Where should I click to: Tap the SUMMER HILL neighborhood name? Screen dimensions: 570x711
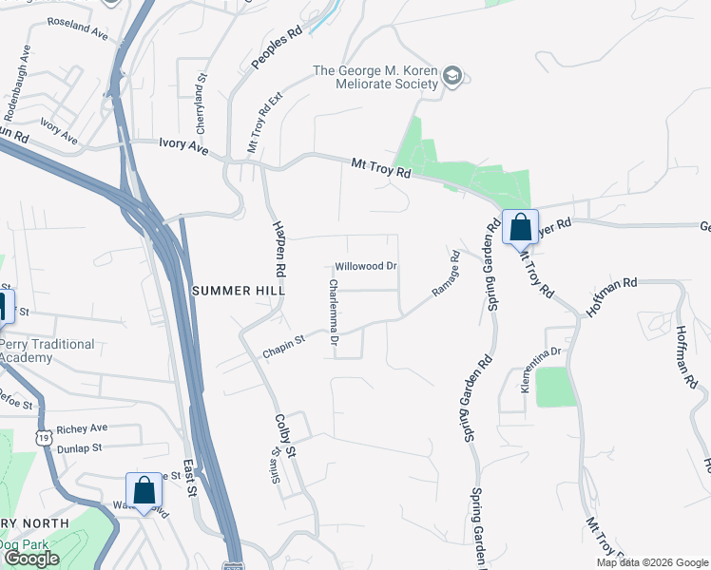[x=233, y=291]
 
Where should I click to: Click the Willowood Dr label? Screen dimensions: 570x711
[x=365, y=267]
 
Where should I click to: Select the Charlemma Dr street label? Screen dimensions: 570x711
[x=334, y=311]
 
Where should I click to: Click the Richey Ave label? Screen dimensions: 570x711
[x=82, y=429]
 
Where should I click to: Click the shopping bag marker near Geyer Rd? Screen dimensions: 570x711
[x=520, y=228]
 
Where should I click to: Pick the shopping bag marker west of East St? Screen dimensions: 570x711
[x=144, y=491]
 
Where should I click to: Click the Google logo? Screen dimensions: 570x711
[x=31, y=559]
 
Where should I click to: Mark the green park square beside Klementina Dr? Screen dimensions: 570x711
[x=556, y=387]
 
